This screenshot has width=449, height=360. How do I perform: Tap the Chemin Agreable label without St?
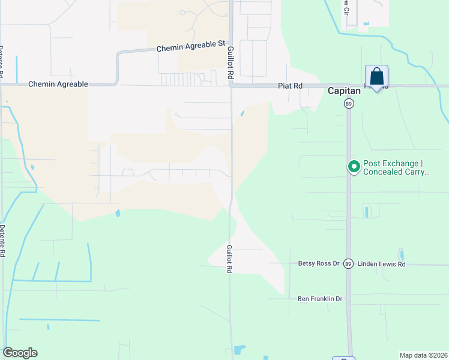click(58, 85)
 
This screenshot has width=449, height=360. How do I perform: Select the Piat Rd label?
click(290, 86)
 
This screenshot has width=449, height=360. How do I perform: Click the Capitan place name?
click(344, 91)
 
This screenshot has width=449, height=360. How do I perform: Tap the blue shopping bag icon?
click(376, 77)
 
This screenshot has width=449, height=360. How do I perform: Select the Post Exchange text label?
click(397, 167)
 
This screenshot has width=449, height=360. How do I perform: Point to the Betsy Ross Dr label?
click(319, 263)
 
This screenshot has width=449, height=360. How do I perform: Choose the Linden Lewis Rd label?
click(381, 264)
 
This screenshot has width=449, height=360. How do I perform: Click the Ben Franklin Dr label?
click(319, 298)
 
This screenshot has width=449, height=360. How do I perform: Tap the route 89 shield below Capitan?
click(349, 104)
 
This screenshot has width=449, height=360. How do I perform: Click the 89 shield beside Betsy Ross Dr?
click(349, 263)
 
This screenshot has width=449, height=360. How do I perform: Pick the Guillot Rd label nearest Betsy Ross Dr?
click(229, 259)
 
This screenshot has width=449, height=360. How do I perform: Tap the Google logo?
click(20, 353)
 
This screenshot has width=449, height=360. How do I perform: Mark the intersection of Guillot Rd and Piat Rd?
click(231, 86)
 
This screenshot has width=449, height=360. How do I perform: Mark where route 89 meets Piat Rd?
click(349, 86)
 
